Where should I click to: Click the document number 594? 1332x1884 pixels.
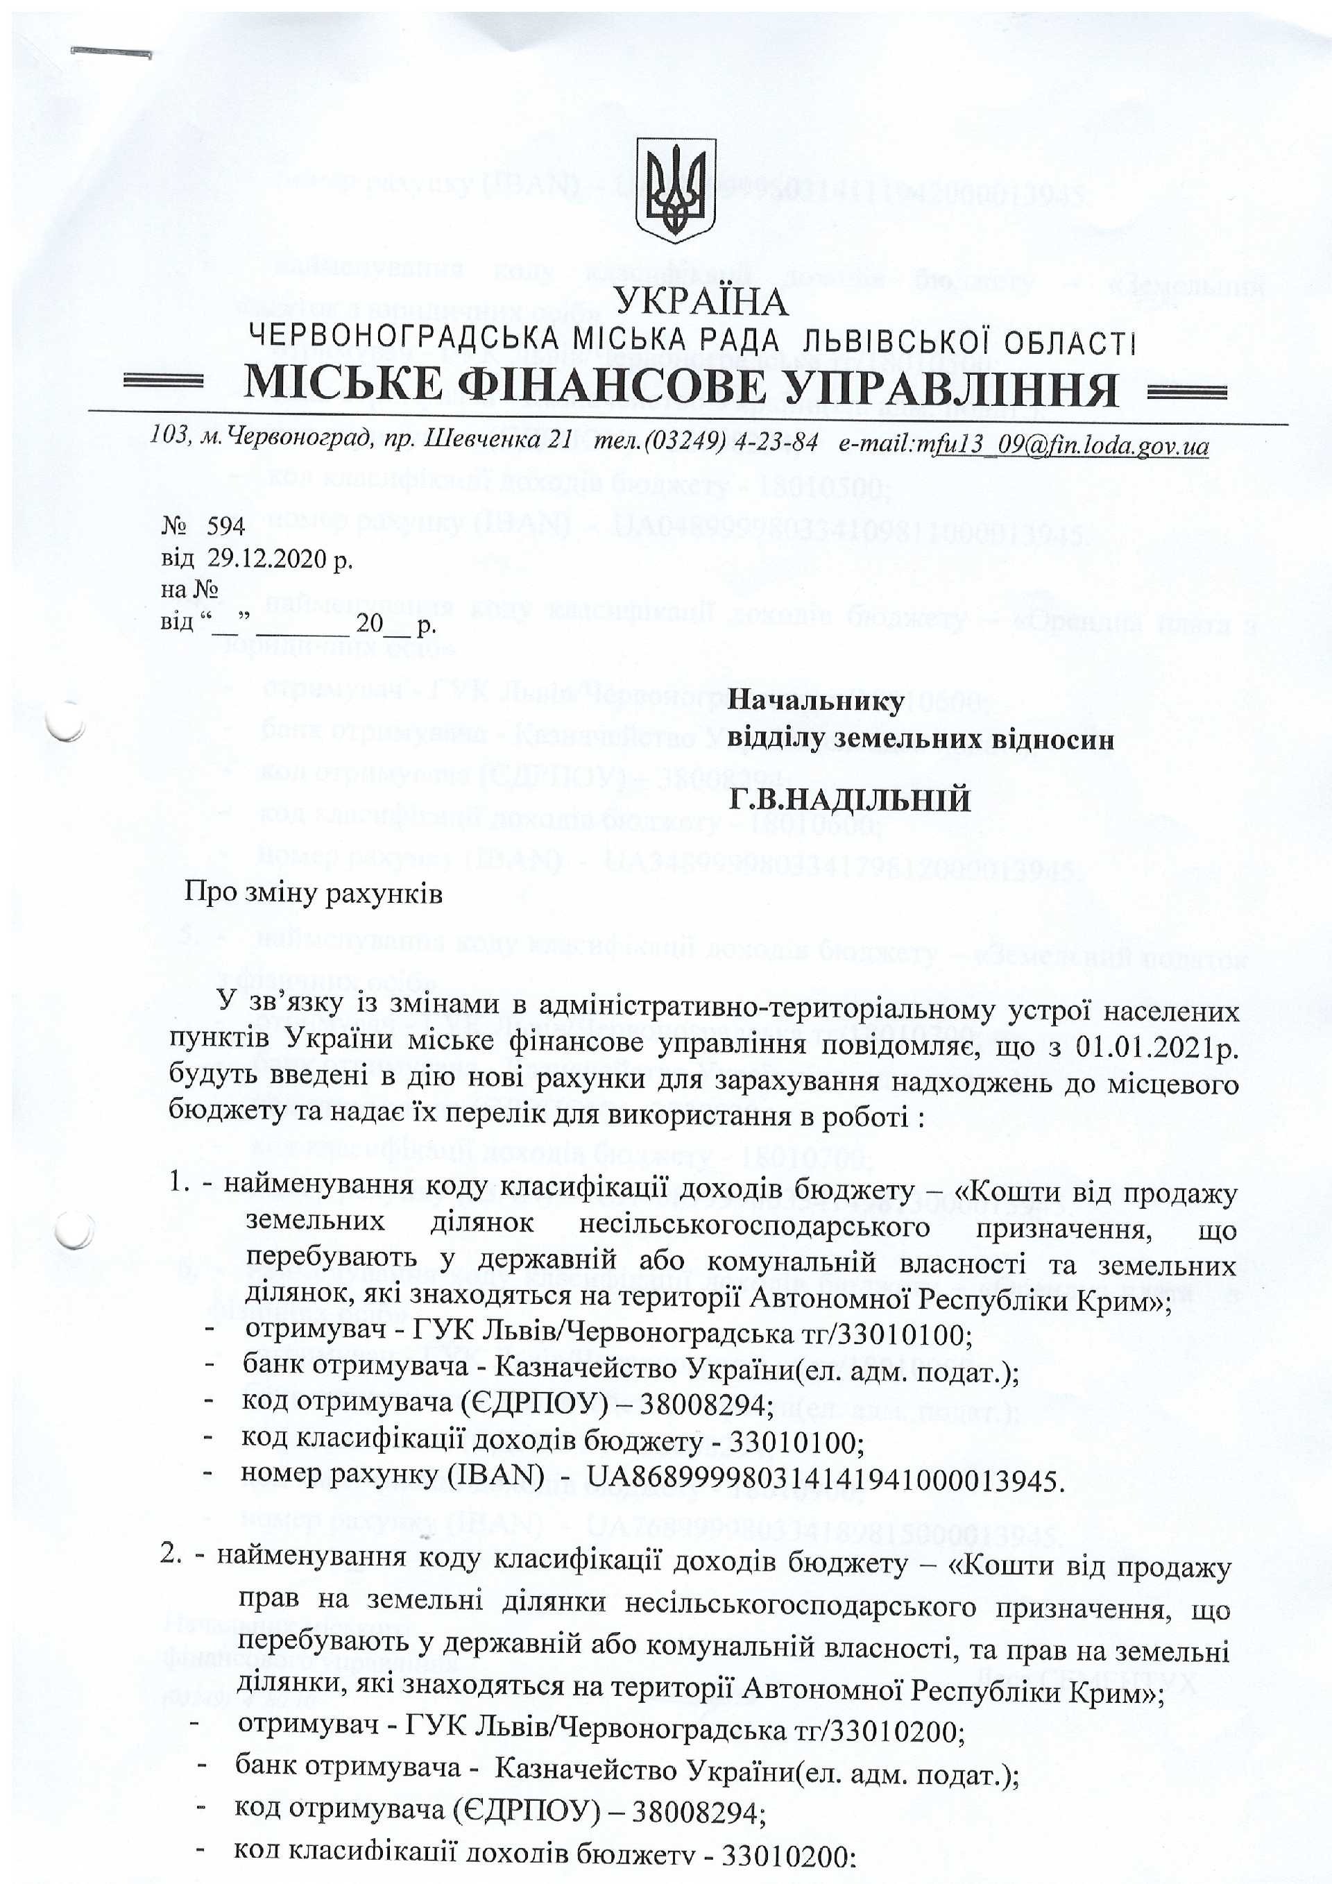225,526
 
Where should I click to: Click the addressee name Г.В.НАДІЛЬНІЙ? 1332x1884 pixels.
850,799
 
